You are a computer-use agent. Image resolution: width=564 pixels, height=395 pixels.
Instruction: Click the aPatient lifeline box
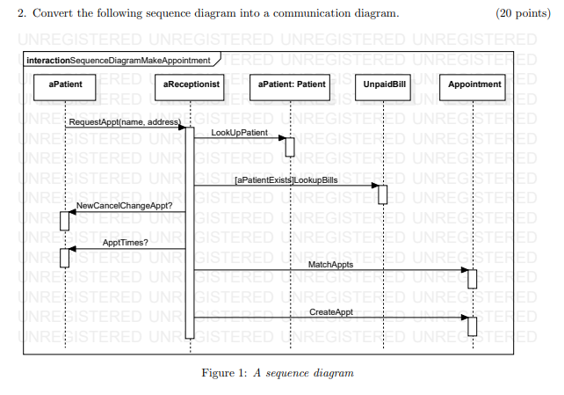point(65,85)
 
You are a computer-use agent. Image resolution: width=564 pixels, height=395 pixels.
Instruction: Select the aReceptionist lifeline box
point(191,85)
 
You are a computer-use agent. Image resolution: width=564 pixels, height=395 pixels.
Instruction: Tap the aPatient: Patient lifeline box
point(291,85)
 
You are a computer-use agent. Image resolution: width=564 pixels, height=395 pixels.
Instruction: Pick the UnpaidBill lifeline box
point(383,85)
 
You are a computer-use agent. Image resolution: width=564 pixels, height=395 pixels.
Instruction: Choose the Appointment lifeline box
point(474,85)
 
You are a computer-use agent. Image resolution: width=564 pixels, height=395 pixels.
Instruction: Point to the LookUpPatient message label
point(239,132)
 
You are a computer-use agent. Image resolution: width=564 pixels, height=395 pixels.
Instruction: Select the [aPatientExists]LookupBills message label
point(286,179)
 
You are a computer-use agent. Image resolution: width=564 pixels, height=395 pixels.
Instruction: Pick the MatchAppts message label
point(331,263)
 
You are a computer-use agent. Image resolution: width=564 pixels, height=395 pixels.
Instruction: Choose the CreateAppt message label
point(332,312)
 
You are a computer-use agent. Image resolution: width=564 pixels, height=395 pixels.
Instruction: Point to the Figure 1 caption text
point(278,373)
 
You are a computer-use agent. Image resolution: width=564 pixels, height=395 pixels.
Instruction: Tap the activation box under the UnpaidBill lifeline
point(382,194)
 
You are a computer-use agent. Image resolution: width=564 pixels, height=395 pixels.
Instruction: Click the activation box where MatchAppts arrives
point(472,278)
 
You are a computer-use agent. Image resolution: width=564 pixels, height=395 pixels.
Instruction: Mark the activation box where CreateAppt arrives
point(472,326)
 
